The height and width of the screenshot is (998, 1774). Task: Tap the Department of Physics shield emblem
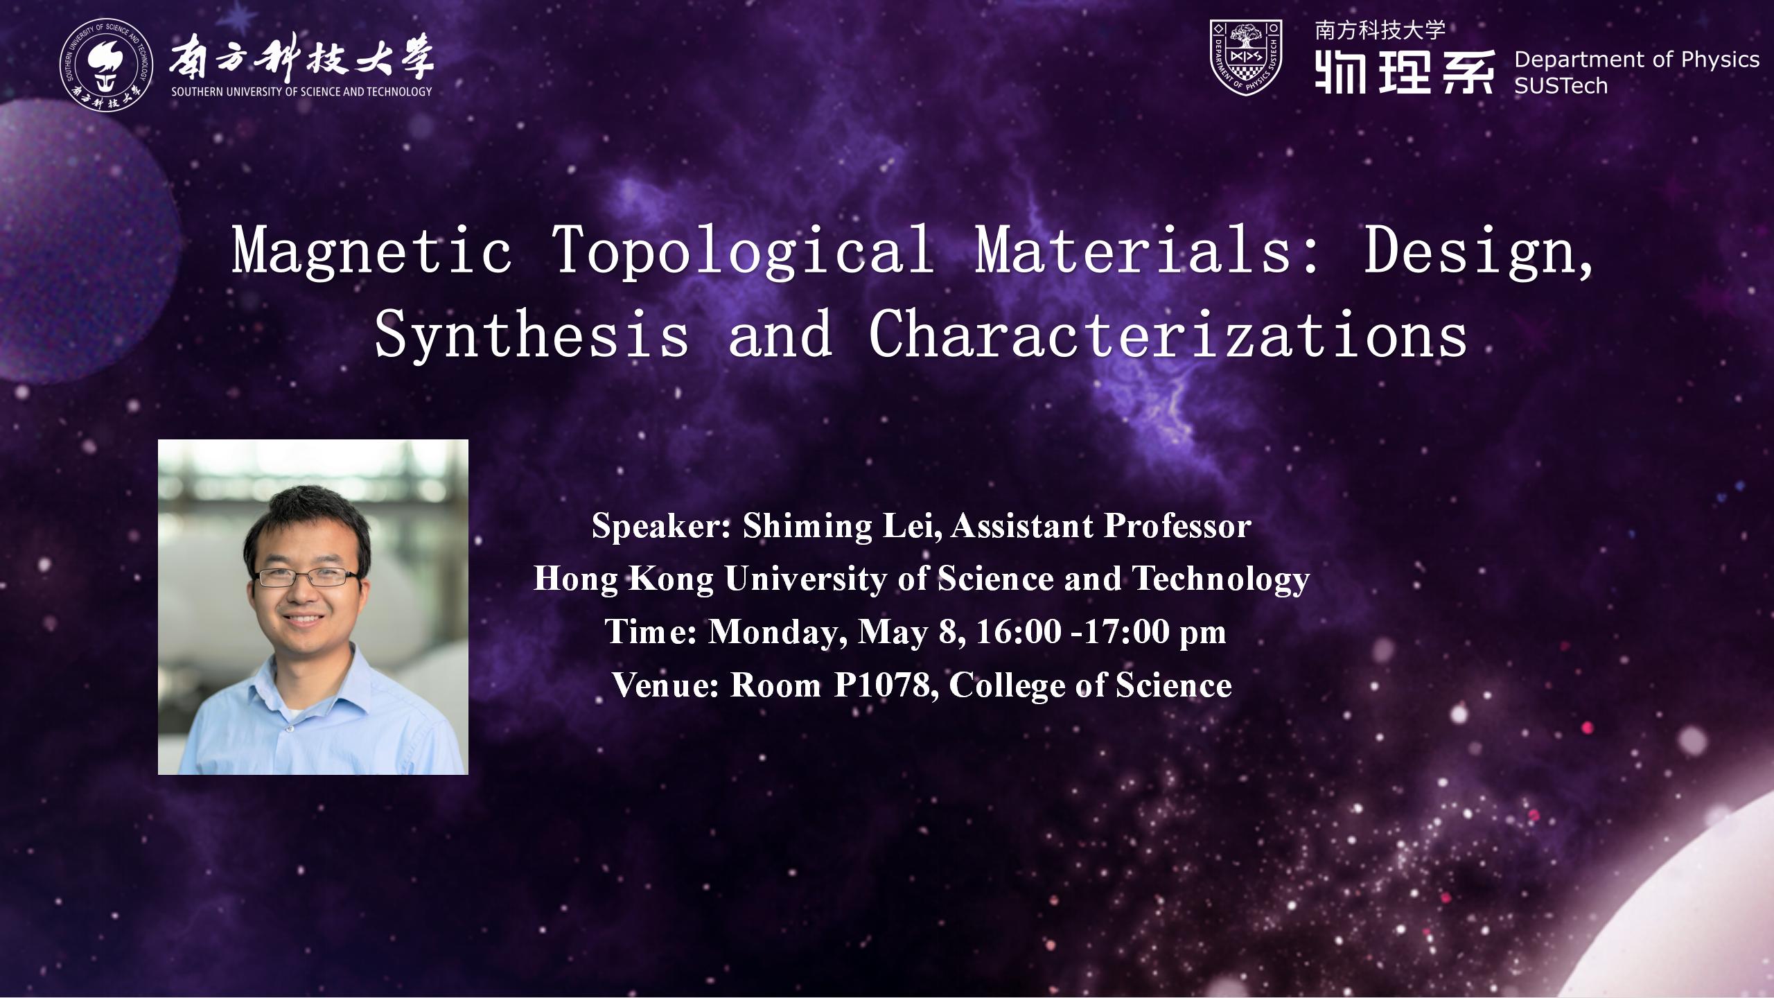[1245, 58]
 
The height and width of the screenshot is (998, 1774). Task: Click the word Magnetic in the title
[372, 252]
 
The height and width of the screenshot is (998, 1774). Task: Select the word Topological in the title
[744, 252]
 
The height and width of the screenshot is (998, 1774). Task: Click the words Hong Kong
[624, 579]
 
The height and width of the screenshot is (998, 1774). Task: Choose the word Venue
[666, 685]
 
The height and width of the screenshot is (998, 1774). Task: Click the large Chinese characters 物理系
[1405, 71]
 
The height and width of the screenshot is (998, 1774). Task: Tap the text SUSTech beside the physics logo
[1561, 86]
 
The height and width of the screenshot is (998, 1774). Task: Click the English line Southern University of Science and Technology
[301, 91]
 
